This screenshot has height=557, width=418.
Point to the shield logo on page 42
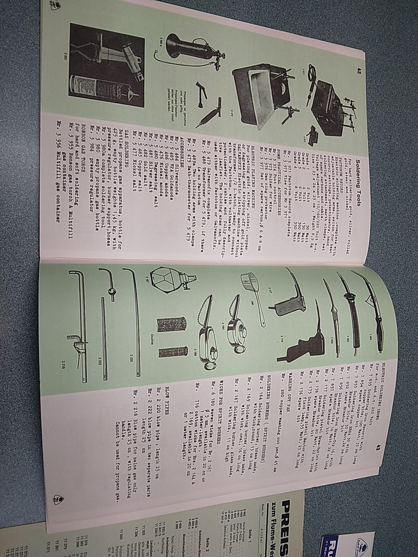55,5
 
